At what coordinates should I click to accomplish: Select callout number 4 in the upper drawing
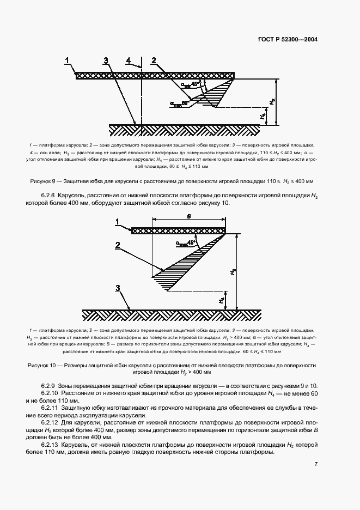[x=129, y=59]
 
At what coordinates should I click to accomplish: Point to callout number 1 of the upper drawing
[x=68, y=59]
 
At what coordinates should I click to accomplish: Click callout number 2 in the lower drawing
[x=117, y=246]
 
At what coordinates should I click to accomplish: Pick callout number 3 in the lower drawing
[x=118, y=288]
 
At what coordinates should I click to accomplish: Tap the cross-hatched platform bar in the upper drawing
[x=155, y=75]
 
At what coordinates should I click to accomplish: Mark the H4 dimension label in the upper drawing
[x=263, y=116]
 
